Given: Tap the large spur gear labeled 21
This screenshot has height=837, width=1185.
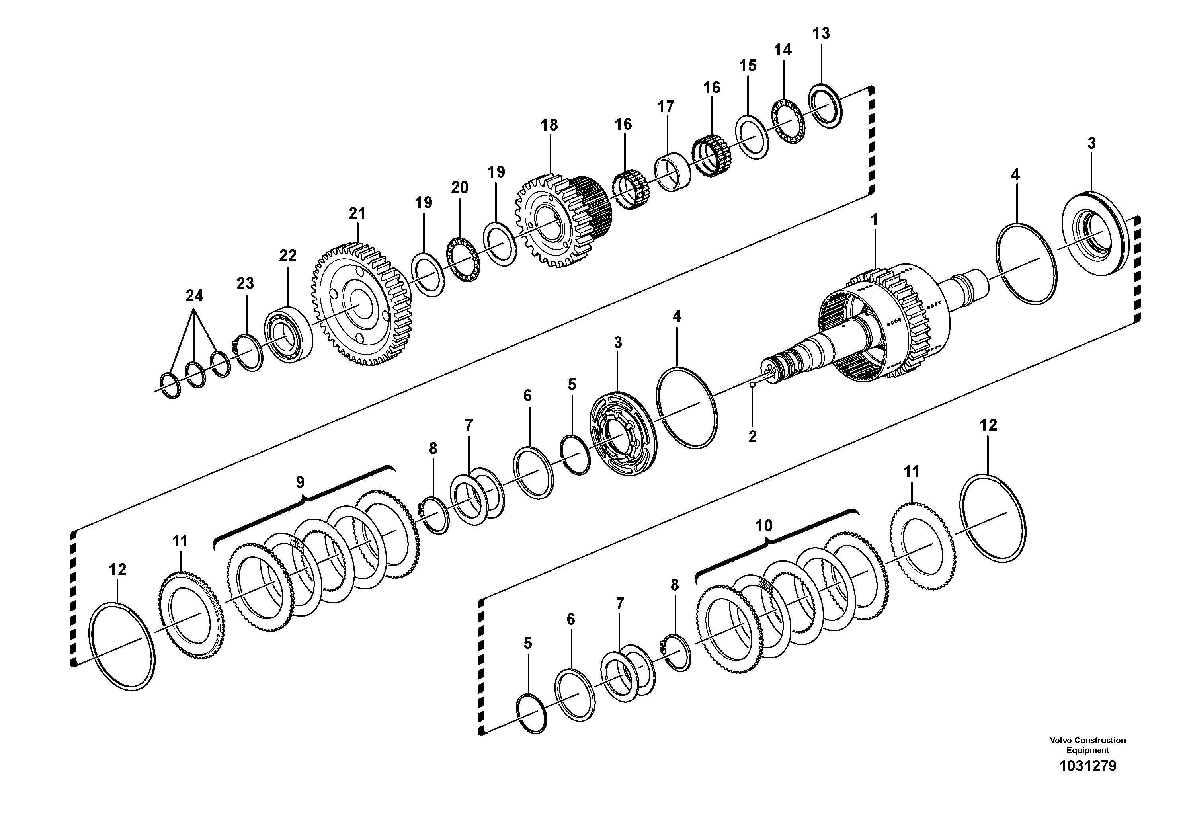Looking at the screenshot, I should coord(361,304).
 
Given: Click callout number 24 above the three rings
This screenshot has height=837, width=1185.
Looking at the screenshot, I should coord(194,296).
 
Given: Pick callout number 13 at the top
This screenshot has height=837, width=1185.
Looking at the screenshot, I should coord(821,33).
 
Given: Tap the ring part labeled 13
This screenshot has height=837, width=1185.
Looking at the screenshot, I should coord(825,106).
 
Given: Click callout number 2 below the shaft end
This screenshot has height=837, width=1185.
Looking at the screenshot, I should coord(752,437).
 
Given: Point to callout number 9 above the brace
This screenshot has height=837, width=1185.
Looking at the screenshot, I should coord(300,482).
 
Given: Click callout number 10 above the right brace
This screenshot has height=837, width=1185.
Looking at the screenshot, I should coord(763,526).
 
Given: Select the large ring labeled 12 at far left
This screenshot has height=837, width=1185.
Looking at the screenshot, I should coord(122,645).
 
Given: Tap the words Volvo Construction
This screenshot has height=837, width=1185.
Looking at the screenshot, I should coord(1087,740).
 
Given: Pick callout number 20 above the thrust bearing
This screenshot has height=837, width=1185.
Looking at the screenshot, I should coord(459,187).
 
